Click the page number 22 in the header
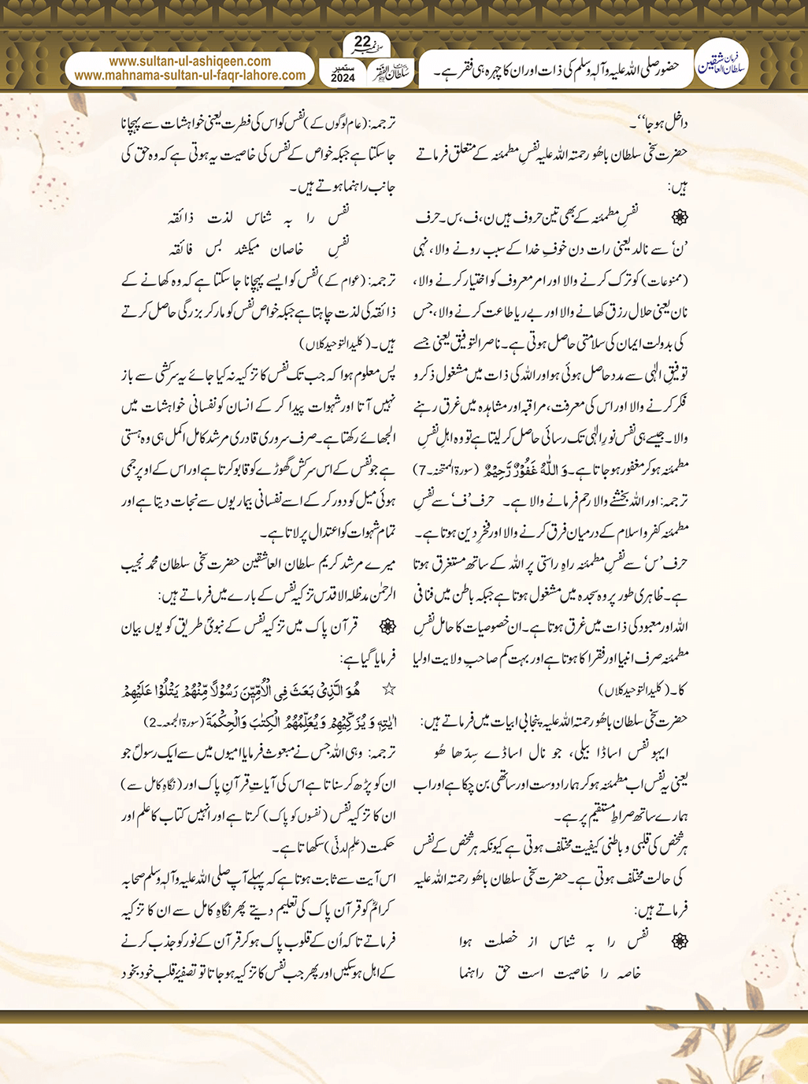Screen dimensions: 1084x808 click(x=362, y=42)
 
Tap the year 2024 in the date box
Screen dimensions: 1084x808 click(x=343, y=79)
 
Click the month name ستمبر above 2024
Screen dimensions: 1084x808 click(x=343, y=67)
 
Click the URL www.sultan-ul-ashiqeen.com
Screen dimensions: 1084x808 click(x=190, y=61)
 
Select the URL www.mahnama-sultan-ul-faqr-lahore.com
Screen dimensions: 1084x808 click(x=190, y=76)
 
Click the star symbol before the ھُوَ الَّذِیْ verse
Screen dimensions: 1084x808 click(x=388, y=689)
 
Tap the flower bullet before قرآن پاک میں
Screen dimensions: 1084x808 click(x=387, y=627)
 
